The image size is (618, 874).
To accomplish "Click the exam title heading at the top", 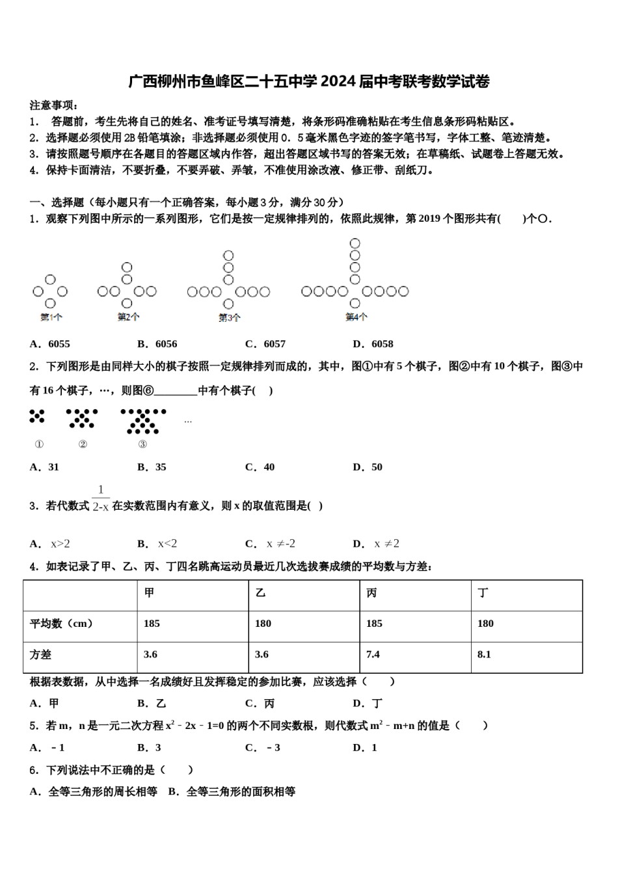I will pos(308,81).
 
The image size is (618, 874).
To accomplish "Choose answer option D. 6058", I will pos(373,344).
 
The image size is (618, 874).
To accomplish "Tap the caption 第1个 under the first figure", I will pos(51,317).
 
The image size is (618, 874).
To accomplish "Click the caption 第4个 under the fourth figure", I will pos(356,317).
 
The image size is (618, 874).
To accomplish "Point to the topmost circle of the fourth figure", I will pos(355,244).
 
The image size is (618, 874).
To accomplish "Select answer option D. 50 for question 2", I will pos(368,467).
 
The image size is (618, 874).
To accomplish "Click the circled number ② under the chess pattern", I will pos(83,444).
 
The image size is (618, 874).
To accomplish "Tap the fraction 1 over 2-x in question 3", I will pos(101,499).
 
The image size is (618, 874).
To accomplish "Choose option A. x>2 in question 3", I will pos(50,544).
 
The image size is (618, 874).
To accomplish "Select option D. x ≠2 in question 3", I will pos(376,544).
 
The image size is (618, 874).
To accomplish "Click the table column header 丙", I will pos(371,593).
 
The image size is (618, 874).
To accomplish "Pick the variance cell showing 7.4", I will pos(373,655).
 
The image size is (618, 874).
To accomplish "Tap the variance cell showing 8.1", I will pos(484,655).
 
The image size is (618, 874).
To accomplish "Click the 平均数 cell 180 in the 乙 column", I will pos(263,624).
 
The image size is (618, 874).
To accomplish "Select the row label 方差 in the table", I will pos(40,655).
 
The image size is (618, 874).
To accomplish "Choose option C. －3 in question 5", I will pos(263,748).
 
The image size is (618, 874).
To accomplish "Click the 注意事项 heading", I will pos(55,105).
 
